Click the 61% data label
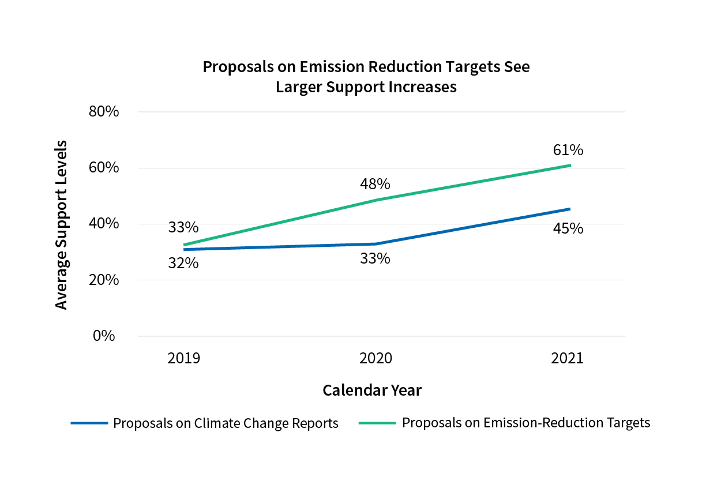pyautogui.click(x=568, y=151)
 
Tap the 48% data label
pyautogui.click(x=375, y=185)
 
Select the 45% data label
pyautogui.click(x=568, y=229)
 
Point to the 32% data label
pyautogui.click(x=183, y=264)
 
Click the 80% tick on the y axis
pyautogui.click(x=104, y=111)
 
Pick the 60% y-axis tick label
pyautogui.click(x=104, y=168)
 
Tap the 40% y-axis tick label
pyautogui.click(x=104, y=224)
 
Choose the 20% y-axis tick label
pyautogui.click(x=104, y=280)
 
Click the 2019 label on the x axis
pyautogui.click(x=183, y=359)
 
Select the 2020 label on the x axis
pyautogui.click(x=375, y=359)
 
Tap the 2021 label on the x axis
pyautogui.click(x=568, y=359)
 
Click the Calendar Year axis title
pyautogui.click(x=372, y=390)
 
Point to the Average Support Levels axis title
pyautogui.click(x=62, y=224)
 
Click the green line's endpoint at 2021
pyautogui.click(x=570, y=166)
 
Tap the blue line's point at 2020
pyautogui.click(x=376, y=244)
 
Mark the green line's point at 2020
pyautogui.click(x=376, y=200)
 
